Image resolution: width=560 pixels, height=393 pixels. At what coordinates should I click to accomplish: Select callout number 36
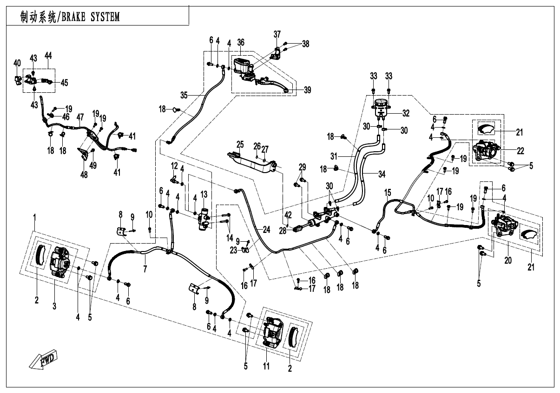coord(240,42)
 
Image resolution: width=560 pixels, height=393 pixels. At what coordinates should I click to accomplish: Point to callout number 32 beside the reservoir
coord(406,112)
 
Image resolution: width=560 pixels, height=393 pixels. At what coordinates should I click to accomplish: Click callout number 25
coord(240,143)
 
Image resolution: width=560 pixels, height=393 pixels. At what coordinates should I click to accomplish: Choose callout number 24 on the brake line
coord(266,230)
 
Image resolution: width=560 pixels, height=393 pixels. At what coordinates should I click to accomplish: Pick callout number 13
coord(204,194)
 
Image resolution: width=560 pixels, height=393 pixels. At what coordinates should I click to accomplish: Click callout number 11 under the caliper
coord(266,366)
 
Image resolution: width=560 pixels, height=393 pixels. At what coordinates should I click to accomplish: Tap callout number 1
coord(34,217)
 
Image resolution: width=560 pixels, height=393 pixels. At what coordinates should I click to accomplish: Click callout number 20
coord(508,261)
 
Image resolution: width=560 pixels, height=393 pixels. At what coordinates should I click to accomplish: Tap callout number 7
coord(145,269)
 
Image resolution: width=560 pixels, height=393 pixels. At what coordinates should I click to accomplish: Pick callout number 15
coord(388,192)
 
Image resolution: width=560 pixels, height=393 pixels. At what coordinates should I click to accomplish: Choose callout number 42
coord(288,214)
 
